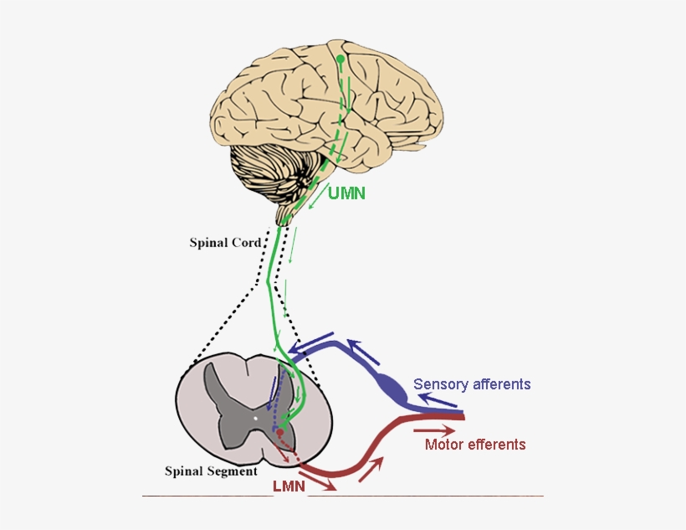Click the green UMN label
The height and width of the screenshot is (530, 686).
[x=347, y=193]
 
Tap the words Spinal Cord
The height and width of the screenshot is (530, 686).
[x=225, y=244]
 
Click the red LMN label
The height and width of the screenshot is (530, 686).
[x=287, y=486]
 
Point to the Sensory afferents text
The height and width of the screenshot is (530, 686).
[x=472, y=384]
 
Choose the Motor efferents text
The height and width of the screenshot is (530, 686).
[x=475, y=445]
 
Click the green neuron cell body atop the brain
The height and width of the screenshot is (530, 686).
[x=340, y=59]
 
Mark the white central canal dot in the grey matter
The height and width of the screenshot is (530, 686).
[x=255, y=416]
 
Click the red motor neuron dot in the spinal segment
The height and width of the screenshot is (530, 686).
[x=280, y=433]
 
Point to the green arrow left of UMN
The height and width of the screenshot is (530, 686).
[x=317, y=199]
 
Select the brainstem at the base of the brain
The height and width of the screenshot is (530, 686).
[x=292, y=205]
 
